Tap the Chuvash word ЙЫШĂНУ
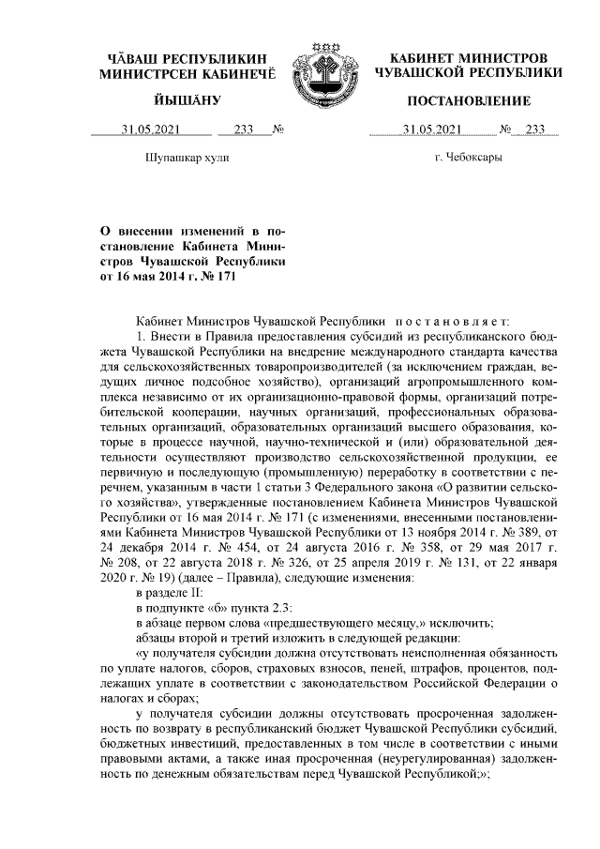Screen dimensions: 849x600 (187, 100)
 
